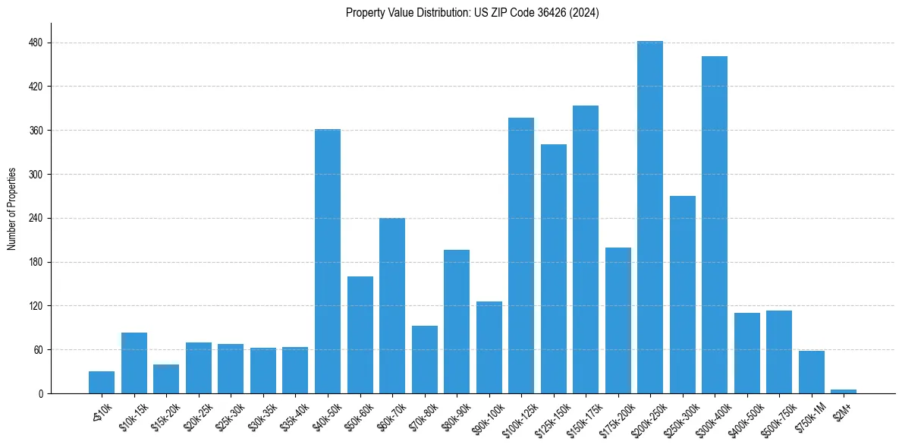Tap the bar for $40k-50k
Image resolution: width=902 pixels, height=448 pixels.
pos(328,261)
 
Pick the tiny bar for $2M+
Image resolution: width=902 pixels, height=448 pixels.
pos(844,391)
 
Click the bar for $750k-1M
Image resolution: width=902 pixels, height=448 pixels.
pos(812,372)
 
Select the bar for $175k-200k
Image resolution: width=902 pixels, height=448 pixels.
pos(618,320)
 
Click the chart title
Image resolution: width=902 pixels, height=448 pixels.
pos(473,13)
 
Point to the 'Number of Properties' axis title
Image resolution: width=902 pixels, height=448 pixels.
pos(12,209)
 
